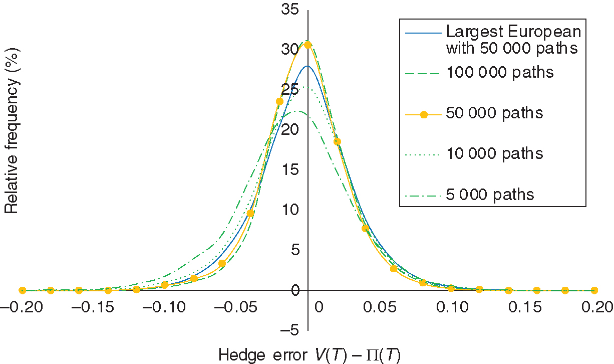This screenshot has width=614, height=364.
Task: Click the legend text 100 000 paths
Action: tap(499, 73)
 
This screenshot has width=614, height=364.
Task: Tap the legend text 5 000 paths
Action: tap(489, 194)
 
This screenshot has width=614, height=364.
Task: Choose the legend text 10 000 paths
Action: tap(494, 153)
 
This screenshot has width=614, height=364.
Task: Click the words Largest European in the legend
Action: tap(513, 32)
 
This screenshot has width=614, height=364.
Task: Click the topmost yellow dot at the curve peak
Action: tap(308, 45)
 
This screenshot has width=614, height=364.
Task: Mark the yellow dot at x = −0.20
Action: tap(22, 290)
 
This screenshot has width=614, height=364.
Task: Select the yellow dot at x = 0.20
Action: tap(594, 290)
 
